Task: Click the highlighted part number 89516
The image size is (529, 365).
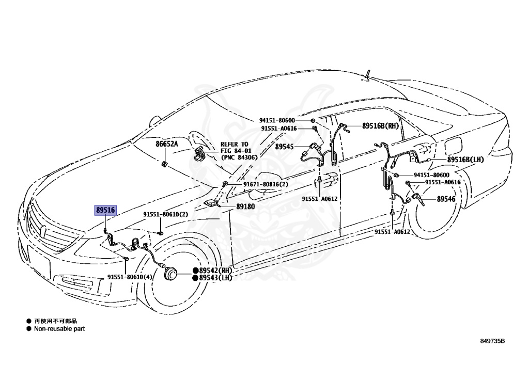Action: pyautogui.click(x=105, y=210)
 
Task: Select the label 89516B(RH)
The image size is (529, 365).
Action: pyautogui.click(x=380, y=125)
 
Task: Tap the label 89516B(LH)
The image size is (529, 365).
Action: pyautogui.click(x=465, y=160)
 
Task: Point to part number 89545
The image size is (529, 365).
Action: pyautogui.click(x=284, y=147)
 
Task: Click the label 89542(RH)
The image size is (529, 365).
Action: pyautogui.click(x=216, y=271)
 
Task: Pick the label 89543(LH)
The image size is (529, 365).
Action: pyautogui.click(x=216, y=278)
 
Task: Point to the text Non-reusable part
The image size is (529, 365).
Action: pyautogui.click(x=59, y=329)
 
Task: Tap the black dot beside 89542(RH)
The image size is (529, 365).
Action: pyautogui.click(x=196, y=271)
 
